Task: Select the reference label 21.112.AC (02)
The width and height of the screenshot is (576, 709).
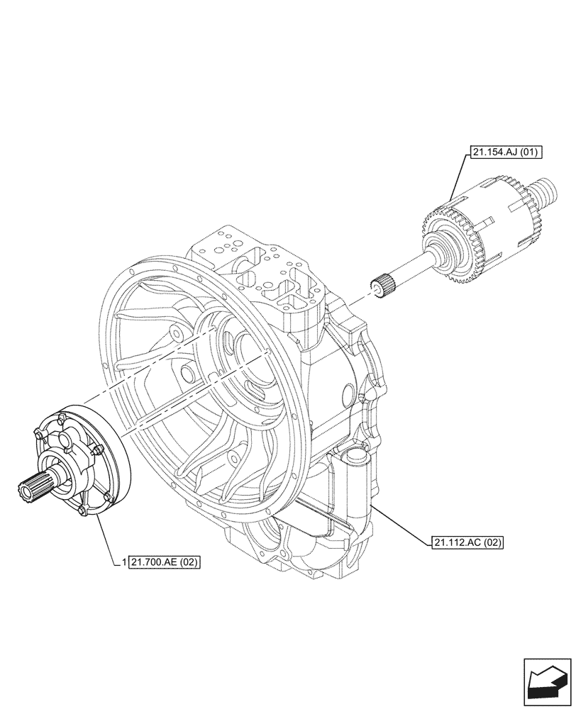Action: point(465,543)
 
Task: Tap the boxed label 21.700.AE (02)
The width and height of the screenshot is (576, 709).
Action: point(165,563)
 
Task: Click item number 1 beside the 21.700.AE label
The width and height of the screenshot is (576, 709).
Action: point(124,563)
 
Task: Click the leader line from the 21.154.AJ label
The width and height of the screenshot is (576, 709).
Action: point(458,177)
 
